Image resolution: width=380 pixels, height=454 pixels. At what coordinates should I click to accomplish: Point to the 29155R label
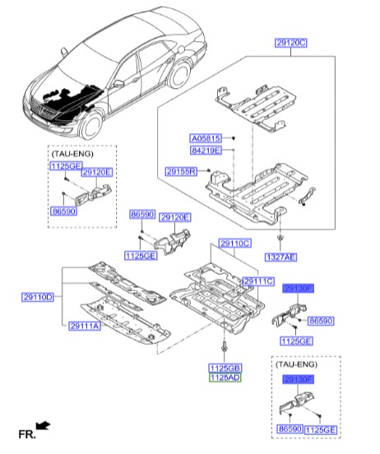pyautogui.click(x=180, y=171)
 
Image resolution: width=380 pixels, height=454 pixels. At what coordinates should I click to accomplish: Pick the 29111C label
pyautogui.click(x=257, y=281)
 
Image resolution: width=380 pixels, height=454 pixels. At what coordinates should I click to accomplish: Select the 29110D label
pyautogui.click(x=35, y=296)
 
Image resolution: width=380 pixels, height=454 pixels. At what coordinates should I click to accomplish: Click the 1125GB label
pyautogui.click(x=224, y=366)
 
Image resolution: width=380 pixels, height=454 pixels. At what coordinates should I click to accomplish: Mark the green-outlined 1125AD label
pyautogui.click(x=224, y=377)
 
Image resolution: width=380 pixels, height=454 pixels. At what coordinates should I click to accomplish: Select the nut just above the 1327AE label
pyautogui.click(x=280, y=239)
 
